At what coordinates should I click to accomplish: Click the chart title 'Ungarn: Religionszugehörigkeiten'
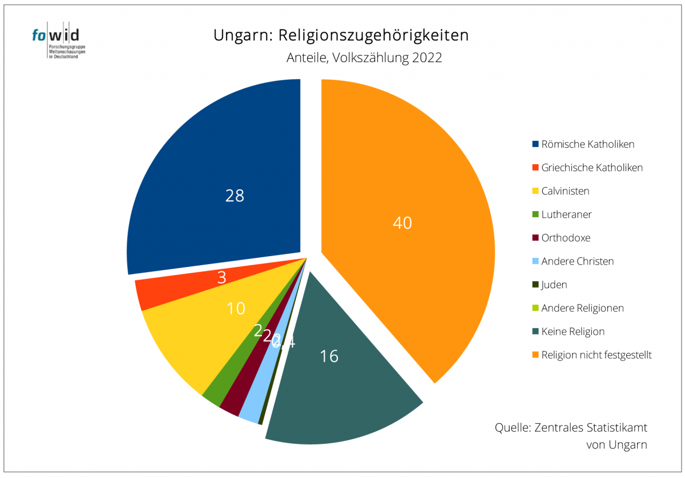coord(341,35)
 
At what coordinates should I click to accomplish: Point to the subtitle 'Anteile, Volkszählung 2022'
coord(364,58)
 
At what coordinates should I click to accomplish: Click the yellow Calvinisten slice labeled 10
coord(194,337)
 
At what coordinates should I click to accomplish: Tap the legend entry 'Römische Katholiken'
coord(587,144)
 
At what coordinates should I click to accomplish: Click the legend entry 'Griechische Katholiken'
coord(592,168)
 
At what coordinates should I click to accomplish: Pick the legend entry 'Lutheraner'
coord(566,214)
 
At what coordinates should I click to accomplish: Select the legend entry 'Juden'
coord(554,285)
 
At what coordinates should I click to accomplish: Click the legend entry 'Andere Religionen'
coord(582,308)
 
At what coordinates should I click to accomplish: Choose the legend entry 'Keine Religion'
coord(573,331)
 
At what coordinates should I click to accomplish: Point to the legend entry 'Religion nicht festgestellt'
coord(596,355)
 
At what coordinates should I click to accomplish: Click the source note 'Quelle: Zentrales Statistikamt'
coord(571,428)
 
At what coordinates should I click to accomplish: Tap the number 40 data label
coord(402,223)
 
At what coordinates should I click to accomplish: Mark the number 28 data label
coord(235,196)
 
